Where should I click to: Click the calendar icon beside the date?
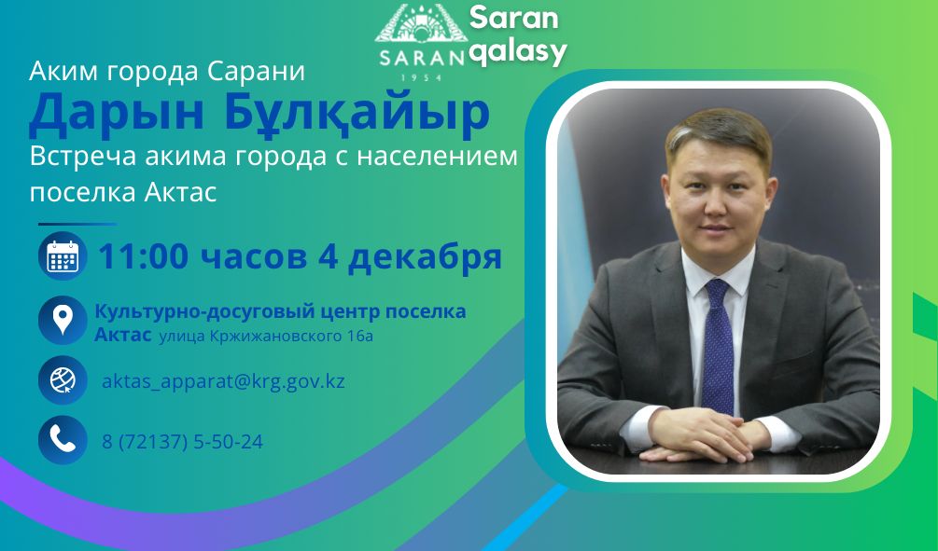point(63,255)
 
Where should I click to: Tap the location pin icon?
point(63,321)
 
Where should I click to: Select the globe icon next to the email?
point(63,380)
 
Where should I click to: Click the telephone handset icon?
point(63,440)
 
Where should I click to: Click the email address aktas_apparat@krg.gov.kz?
point(223,381)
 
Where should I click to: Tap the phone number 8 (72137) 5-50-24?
point(182,442)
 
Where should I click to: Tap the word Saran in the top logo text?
point(513,18)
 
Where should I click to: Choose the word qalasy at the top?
point(517,52)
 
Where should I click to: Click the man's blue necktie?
point(717,346)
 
